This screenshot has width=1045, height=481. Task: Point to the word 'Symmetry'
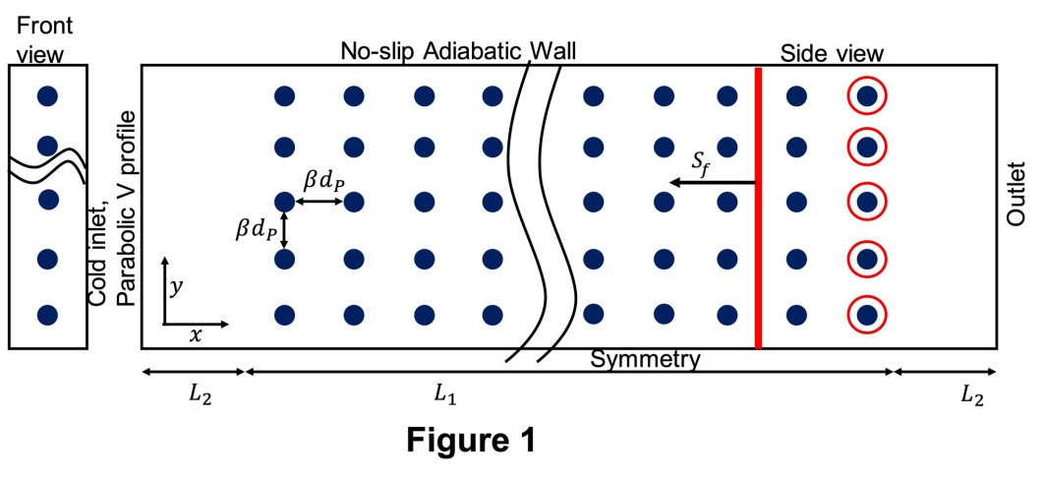tap(645, 359)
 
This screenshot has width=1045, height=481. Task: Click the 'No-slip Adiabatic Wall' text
tap(458, 50)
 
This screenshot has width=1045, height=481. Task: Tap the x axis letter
tap(196, 334)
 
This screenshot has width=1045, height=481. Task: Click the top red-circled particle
tap(867, 96)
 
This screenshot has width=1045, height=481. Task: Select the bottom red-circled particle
tap(867, 316)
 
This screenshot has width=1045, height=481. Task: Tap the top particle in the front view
tap(46, 96)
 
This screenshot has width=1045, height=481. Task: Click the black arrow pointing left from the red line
tap(712, 183)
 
